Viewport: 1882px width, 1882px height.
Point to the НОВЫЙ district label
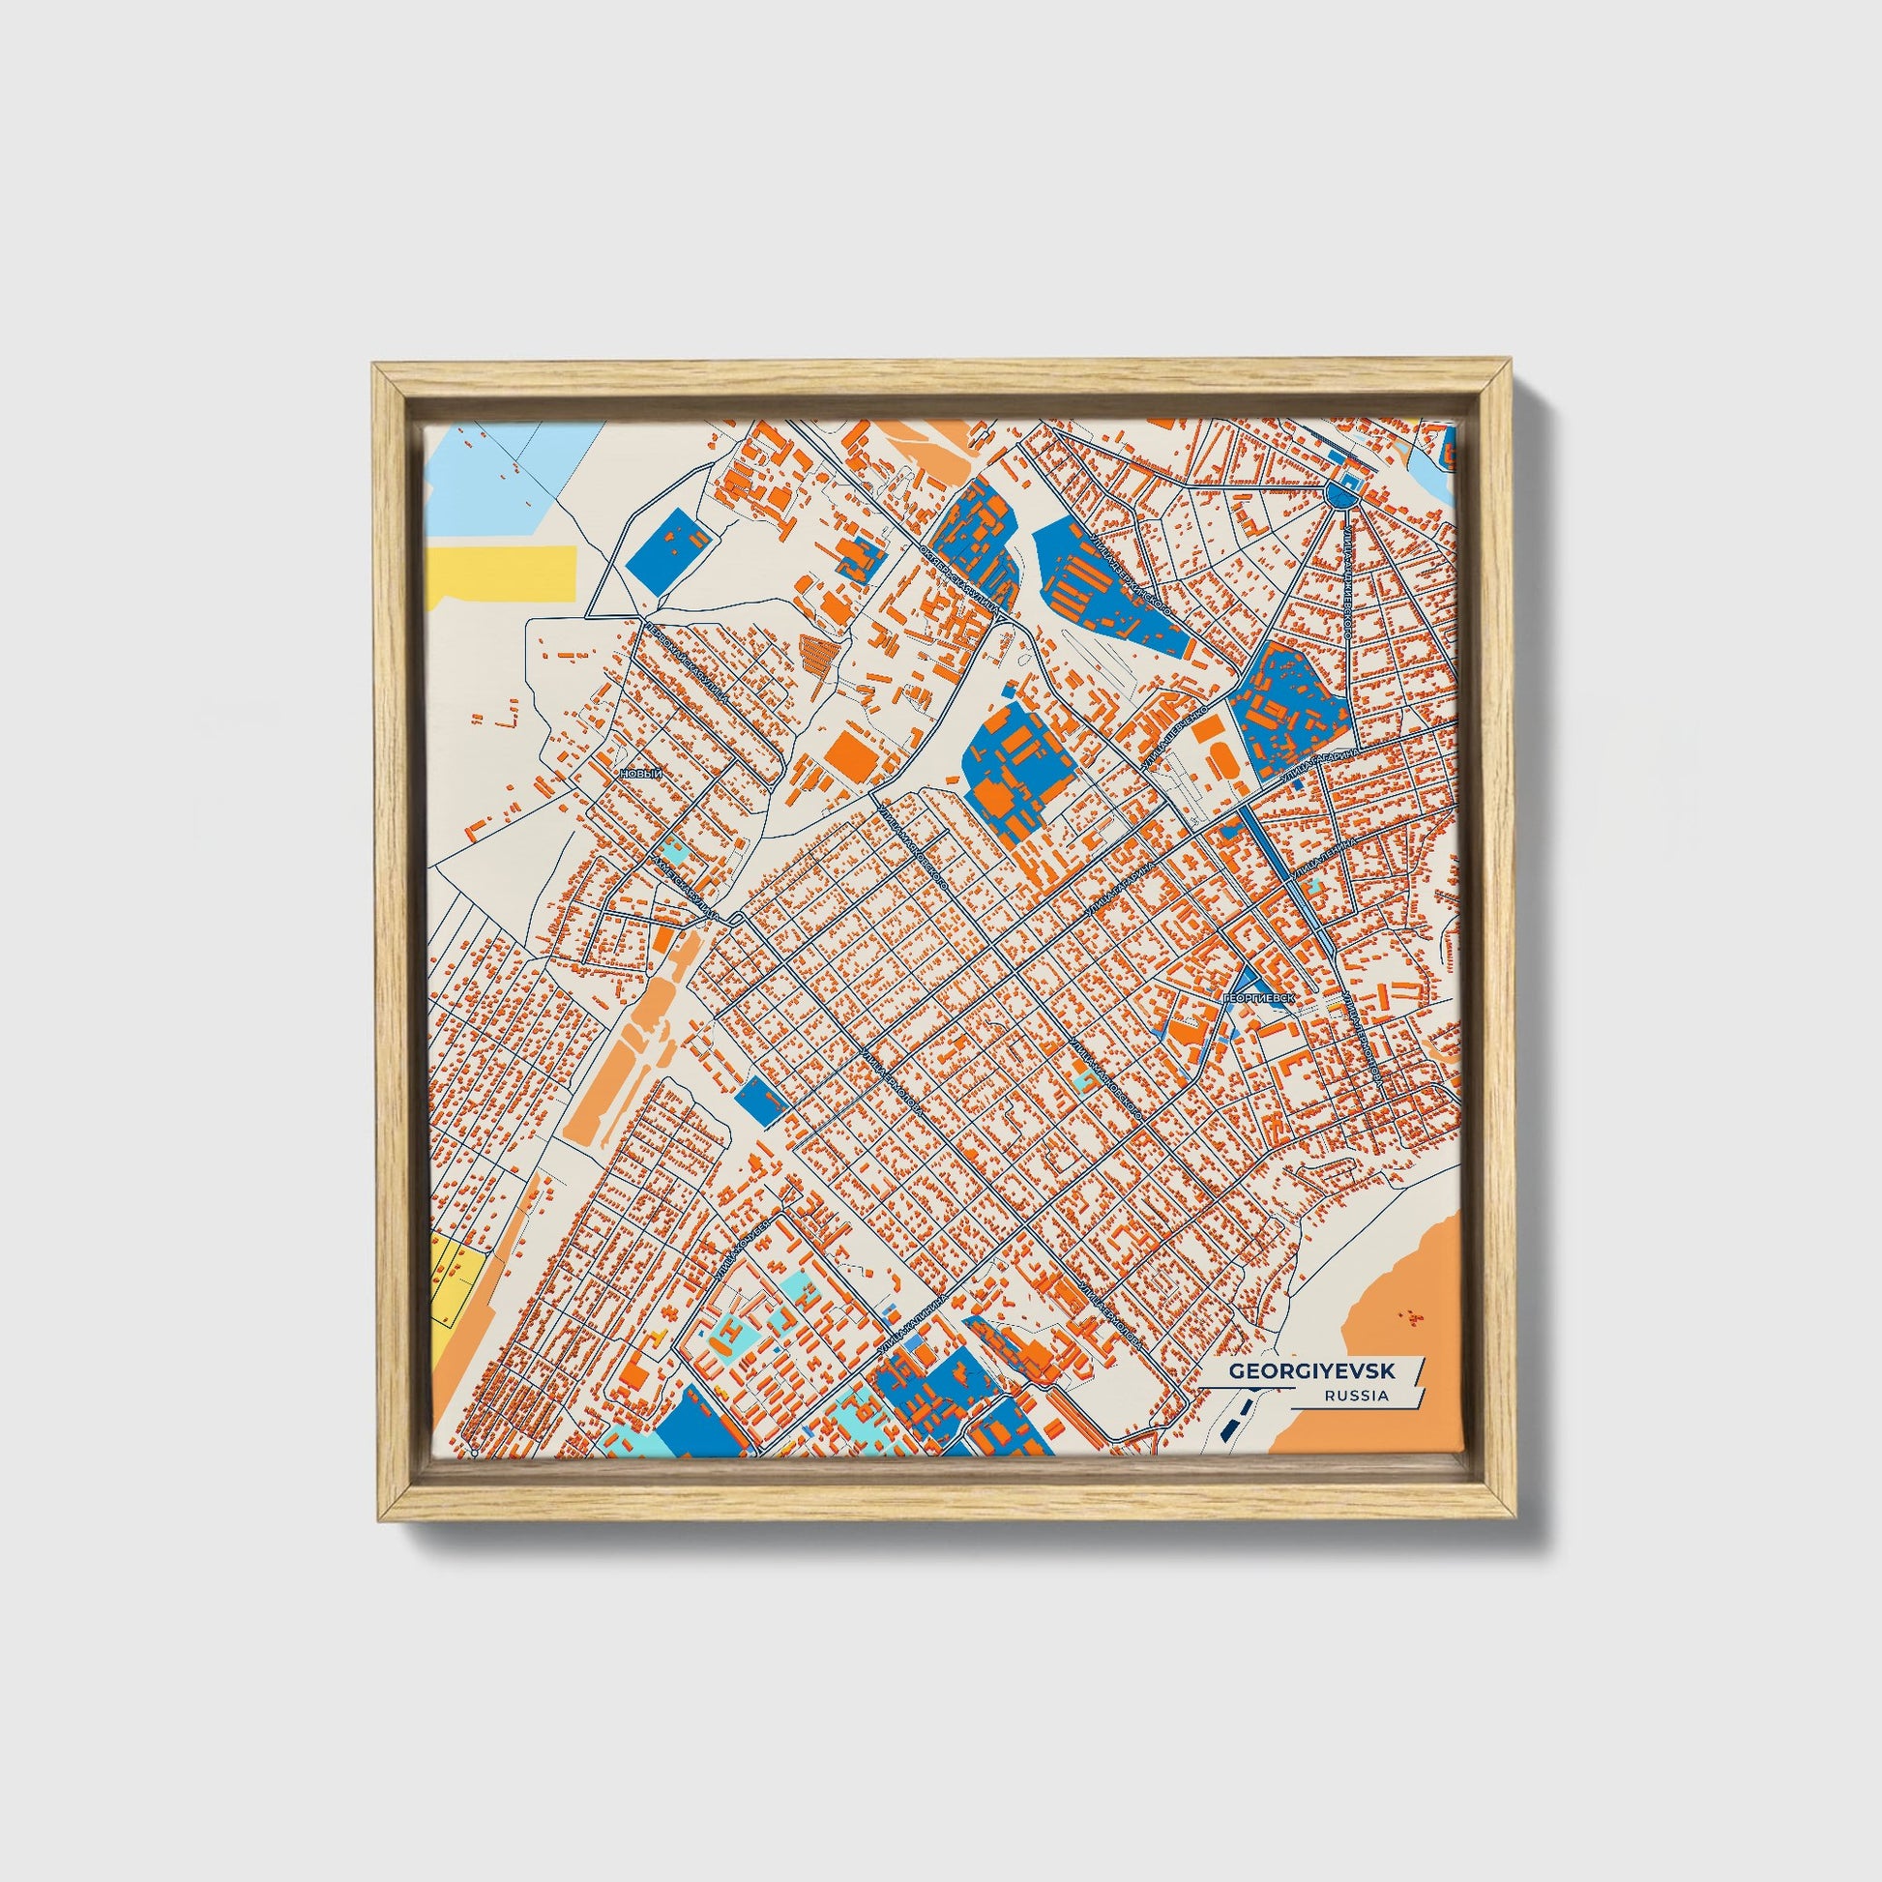640,774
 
